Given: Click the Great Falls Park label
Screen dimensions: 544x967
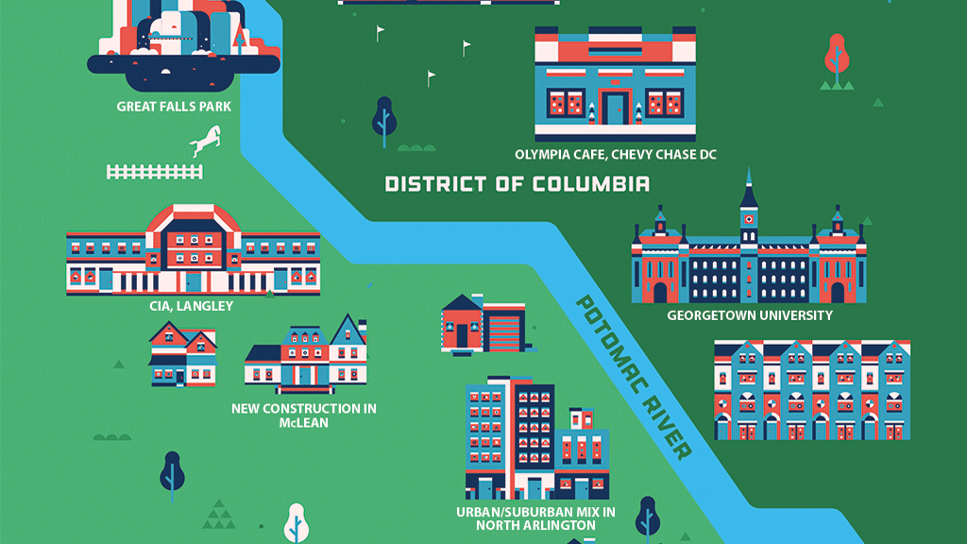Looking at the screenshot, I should point(174,107).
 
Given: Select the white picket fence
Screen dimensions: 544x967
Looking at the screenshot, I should point(155,171).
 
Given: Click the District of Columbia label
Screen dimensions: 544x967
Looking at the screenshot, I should point(517,183).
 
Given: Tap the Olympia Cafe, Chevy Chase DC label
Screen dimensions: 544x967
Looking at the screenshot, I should point(615,154).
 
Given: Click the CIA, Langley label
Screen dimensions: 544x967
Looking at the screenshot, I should point(191,306).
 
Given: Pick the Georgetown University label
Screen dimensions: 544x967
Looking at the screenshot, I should point(750,315).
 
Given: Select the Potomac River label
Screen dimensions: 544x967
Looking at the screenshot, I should point(633,376).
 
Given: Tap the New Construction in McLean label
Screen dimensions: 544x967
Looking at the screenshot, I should point(304,416).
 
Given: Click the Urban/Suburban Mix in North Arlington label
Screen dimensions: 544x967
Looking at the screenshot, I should point(535,518).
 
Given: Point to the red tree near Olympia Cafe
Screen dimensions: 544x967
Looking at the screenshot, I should point(836,56).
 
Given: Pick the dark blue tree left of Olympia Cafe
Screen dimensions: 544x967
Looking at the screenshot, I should point(383,117).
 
